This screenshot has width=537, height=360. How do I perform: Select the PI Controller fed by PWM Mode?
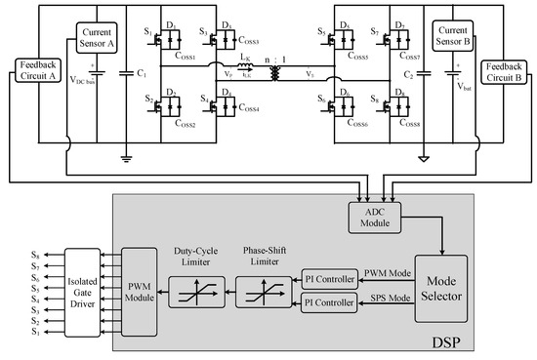(x=329, y=277)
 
